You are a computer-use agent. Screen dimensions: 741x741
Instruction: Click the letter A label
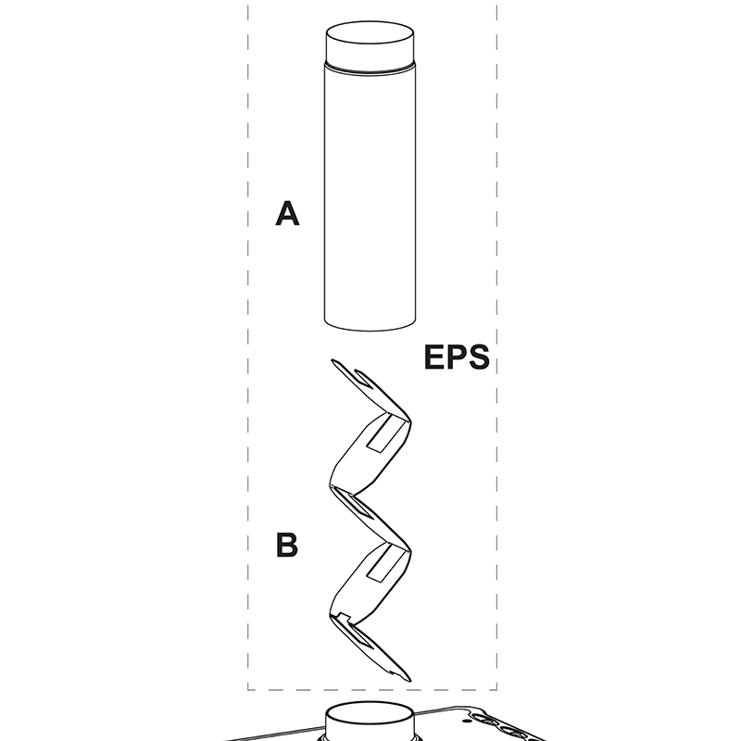(288, 216)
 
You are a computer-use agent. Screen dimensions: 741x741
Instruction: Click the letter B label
(287, 546)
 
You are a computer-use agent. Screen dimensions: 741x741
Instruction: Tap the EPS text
(456, 358)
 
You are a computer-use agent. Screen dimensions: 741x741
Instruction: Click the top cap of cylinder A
(369, 44)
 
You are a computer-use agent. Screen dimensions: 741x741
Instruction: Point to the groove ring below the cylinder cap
(369, 69)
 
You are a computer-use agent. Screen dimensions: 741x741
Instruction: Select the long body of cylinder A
(369, 195)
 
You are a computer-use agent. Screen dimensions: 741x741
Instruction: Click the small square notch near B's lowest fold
(342, 617)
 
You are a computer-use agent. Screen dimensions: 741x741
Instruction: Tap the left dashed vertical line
(248, 370)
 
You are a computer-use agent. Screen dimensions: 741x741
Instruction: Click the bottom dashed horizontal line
(370, 689)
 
